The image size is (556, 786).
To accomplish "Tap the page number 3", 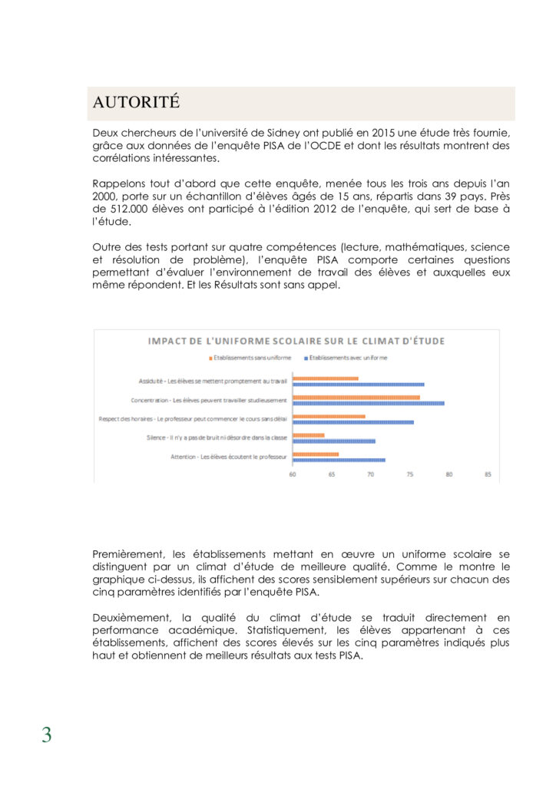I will pyautogui.click(x=47, y=735).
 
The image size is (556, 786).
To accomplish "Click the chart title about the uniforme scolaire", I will pyautogui.click(x=296, y=341).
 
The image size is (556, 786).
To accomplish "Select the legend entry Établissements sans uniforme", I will pyautogui.click(x=250, y=358).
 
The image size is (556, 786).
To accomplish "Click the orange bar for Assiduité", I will pyautogui.click(x=326, y=378).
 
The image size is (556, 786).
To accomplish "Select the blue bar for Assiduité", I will pyautogui.click(x=359, y=385).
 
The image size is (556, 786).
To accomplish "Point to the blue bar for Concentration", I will pyautogui.click(x=369, y=403).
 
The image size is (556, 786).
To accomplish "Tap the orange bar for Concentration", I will pyautogui.click(x=356, y=397).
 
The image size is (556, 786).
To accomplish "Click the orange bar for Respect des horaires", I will pyautogui.click(x=329, y=416).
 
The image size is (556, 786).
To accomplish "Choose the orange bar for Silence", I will pyautogui.click(x=309, y=435).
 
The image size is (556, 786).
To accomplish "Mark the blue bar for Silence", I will pyautogui.click(x=334, y=441).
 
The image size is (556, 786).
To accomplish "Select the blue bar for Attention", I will pyautogui.click(x=339, y=460).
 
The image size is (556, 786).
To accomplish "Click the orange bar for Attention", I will pyautogui.click(x=316, y=454).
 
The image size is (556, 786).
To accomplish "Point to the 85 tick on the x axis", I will pyautogui.click(x=488, y=474).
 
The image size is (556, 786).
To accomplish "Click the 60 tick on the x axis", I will pyautogui.click(x=293, y=474).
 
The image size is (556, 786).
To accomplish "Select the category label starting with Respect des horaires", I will pyautogui.click(x=193, y=418).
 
